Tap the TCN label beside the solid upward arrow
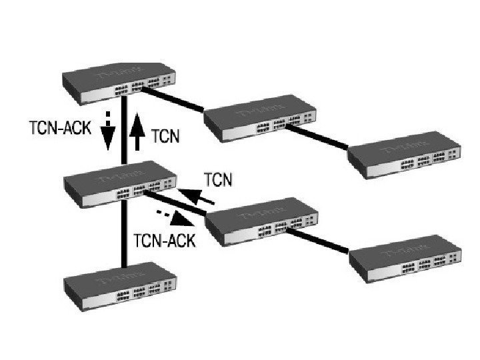(165, 137)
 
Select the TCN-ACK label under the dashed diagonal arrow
(165, 240)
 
